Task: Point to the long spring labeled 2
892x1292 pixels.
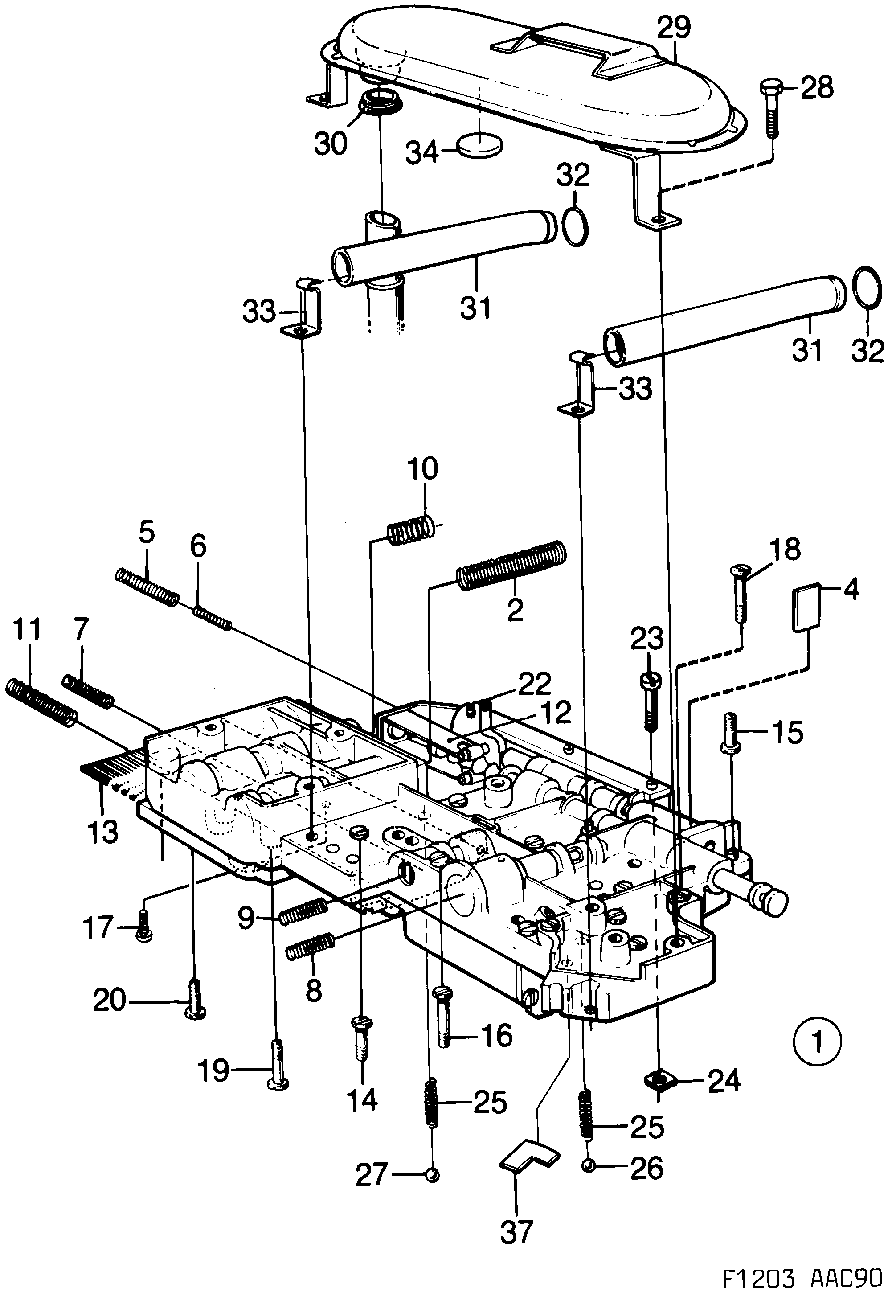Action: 512,566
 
